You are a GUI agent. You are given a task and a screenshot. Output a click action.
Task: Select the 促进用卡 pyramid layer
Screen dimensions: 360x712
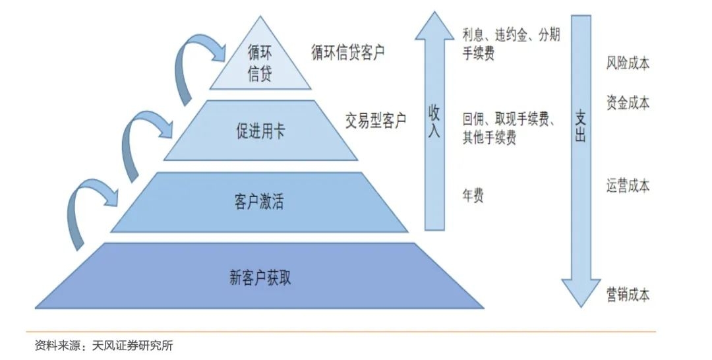[x=260, y=131]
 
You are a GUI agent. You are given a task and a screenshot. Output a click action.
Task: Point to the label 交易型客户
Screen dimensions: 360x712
[x=376, y=121]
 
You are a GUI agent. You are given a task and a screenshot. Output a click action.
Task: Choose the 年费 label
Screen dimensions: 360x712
[x=473, y=196]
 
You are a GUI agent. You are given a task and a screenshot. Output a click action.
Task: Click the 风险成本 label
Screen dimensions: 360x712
[x=628, y=63]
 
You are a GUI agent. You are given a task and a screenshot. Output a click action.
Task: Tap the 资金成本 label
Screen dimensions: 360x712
[x=628, y=103]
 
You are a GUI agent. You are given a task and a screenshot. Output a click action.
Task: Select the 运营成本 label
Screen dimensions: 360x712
[x=628, y=186]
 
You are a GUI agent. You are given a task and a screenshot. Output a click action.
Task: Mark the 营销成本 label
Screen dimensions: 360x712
[x=628, y=295]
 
